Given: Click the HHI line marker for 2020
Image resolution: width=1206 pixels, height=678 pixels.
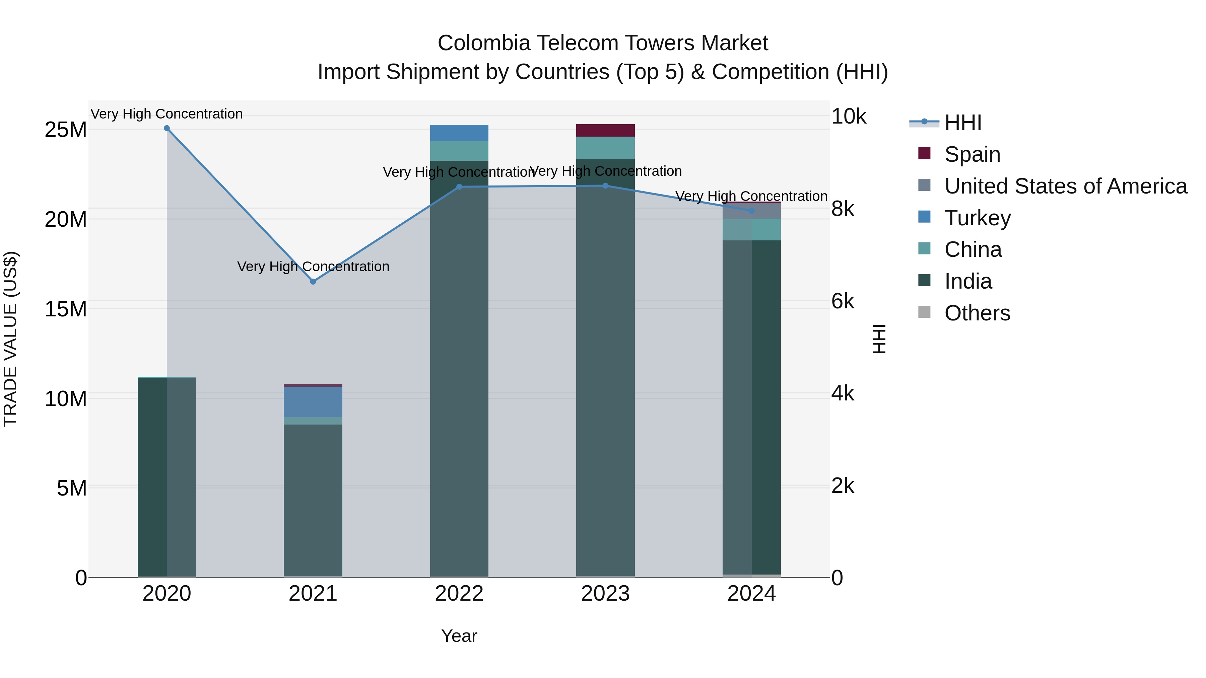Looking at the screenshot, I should [167, 128].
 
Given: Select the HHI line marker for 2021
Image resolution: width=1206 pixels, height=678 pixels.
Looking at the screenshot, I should [313, 282].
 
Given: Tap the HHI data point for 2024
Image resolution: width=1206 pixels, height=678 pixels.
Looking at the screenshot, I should [752, 211].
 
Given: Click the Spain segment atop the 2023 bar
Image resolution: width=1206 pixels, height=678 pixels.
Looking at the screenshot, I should [605, 131].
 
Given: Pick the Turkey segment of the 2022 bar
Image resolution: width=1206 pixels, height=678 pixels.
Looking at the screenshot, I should [459, 133].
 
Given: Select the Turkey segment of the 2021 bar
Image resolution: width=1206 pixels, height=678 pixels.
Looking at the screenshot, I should [313, 401].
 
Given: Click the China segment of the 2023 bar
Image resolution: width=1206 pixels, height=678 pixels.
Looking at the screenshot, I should [605, 148].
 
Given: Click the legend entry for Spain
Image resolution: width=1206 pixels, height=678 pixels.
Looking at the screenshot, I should [972, 154].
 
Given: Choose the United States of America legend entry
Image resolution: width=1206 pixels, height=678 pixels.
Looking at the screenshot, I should [1065, 186].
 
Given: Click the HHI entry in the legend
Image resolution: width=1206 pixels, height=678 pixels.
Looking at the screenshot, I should [962, 123].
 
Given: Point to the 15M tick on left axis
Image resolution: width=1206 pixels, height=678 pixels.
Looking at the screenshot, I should [66, 309].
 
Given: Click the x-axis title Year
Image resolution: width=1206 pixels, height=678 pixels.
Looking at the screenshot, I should [459, 636].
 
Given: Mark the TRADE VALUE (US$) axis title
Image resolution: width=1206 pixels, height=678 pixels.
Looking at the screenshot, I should [10, 339].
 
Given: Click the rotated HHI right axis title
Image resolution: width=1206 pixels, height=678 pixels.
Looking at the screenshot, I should [880, 339].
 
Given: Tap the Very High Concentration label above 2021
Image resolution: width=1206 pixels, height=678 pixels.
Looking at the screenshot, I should [313, 267].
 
